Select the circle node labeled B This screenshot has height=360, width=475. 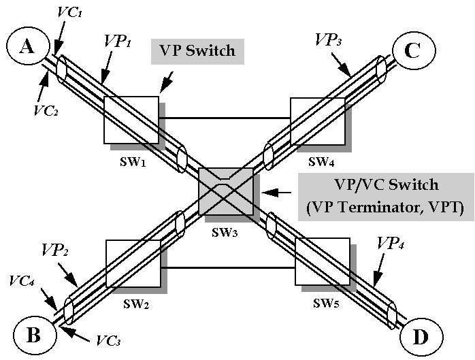pyautogui.click(x=32, y=336)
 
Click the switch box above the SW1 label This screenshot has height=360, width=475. pyautogui.click(x=131, y=119)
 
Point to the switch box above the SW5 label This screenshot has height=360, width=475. pyautogui.click(x=323, y=260)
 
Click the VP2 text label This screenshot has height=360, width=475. pyautogui.click(x=54, y=249)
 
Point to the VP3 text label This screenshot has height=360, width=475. pyautogui.click(x=330, y=39)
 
